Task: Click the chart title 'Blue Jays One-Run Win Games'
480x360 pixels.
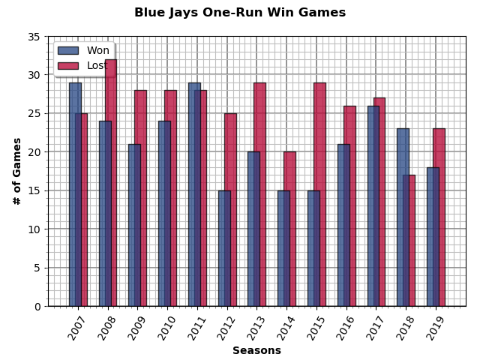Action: tap(240, 13)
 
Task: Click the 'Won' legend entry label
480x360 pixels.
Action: tap(97, 50)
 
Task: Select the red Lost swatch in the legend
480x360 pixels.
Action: tap(67, 65)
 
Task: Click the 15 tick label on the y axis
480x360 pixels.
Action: tap(34, 190)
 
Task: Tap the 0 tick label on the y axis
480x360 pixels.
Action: tap(37, 306)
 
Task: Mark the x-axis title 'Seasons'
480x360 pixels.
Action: tap(256, 350)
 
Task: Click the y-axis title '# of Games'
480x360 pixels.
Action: tap(16, 171)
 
